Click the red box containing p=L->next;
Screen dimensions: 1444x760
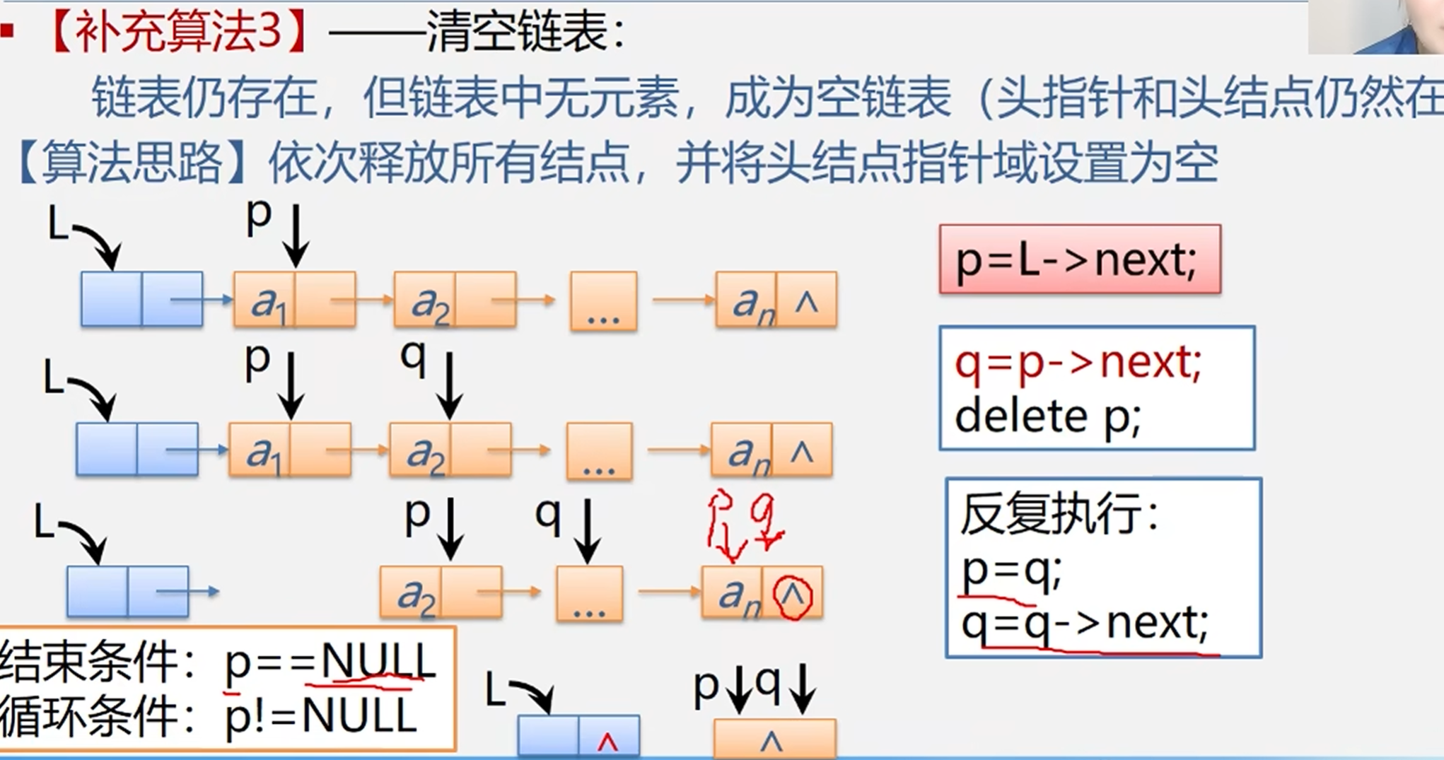[1079, 259]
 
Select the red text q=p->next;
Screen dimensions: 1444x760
[1078, 364]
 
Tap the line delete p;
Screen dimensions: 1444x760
[1048, 417]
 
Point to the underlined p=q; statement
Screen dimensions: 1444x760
[1011, 571]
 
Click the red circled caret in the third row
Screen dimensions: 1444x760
[793, 597]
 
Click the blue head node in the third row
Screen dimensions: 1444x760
[127, 591]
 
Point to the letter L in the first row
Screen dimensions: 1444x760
[57, 225]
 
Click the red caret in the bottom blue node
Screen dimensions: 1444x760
[607, 741]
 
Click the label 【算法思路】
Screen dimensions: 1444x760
[132, 163]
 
